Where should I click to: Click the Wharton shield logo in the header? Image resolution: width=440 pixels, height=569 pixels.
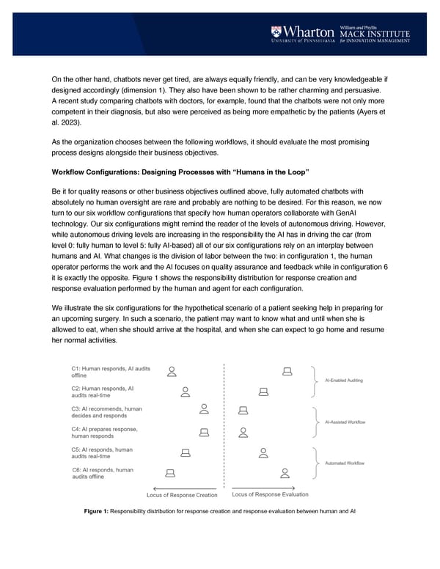click(x=276, y=33)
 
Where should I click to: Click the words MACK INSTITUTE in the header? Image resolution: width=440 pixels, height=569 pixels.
click(x=374, y=33)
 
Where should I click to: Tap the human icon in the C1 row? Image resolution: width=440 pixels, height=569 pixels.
click(x=172, y=371)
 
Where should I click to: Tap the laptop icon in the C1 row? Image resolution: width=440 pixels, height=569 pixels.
click(x=288, y=371)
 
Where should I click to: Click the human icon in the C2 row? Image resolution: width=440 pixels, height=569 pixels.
click(x=186, y=392)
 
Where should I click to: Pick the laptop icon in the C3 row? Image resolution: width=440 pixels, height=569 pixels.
click(x=243, y=411)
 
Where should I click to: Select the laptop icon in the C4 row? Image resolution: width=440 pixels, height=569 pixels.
click(x=205, y=432)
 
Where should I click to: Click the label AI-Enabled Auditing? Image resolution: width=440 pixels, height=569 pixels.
click(x=344, y=381)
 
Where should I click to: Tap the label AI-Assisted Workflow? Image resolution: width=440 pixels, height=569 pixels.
click(x=345, y=422)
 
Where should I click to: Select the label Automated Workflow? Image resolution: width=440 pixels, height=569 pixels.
click(x=343, y=463)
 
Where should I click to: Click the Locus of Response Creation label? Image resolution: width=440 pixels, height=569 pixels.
click(x=183, y=496)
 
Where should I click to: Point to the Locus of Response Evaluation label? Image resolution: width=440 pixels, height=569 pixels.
click(x=270, y=495)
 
